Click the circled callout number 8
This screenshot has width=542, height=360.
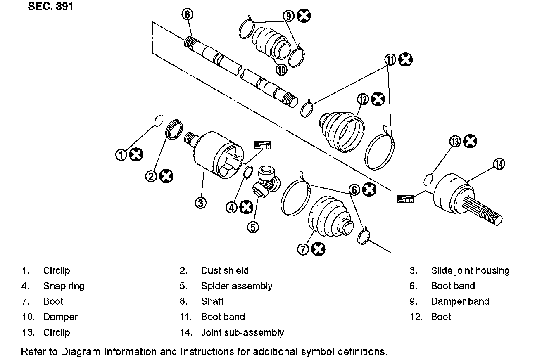pos(187,14)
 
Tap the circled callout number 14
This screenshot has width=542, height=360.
pos(499,163)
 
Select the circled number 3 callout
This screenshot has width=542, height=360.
pos(201,203)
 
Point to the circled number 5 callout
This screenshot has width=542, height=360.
pos(253,227)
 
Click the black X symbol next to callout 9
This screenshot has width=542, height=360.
pos(304,16)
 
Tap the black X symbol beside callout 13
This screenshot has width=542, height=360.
pos(470,141)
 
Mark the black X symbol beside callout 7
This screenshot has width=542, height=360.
pos(318,249)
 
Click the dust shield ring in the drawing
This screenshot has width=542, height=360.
pos(174,129)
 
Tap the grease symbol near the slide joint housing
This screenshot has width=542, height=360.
pos(262,145)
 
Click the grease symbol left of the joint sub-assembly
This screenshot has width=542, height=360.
pos(405,199)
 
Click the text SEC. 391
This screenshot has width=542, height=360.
pos(50,6)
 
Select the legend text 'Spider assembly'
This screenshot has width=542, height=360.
pos(237,286)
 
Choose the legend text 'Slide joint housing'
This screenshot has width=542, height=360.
pos(470,270)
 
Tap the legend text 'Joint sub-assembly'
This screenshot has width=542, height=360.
pos(242,332)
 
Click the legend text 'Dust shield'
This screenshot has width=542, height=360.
pos(225,270)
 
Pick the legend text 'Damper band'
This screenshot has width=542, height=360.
pos(460,301)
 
